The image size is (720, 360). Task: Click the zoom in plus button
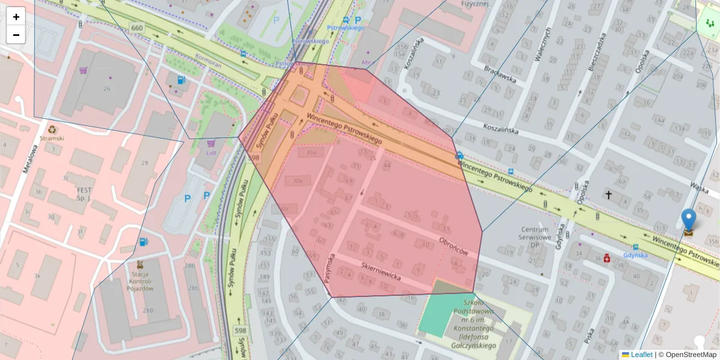(x=16, y=17)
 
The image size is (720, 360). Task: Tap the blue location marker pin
(x=689, y=221)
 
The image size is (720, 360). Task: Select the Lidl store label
(x=211, y=152)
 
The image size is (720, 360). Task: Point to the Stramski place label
(x=52, y=137)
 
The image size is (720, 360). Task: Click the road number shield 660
(x=137, y=28)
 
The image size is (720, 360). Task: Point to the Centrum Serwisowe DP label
(x=535, y=234)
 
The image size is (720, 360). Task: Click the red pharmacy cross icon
(x=607, y=258)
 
